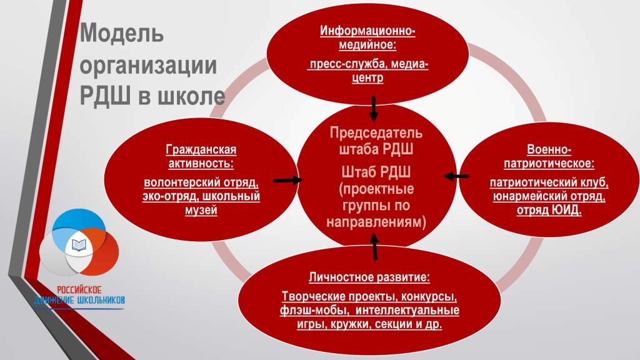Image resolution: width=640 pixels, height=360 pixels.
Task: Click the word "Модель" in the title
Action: click(122, 33)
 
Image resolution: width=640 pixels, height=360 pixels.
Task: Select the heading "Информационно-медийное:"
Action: click(367, 37)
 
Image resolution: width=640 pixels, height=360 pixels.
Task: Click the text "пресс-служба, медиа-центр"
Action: click(367, 71)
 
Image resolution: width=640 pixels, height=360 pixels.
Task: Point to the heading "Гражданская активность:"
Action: click(201, 156)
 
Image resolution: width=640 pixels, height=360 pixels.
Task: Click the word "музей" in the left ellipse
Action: click(201, 210)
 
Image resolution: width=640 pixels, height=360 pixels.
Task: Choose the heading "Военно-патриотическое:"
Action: click(549, 156)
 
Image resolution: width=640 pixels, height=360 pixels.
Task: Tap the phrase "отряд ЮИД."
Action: click(549, 210)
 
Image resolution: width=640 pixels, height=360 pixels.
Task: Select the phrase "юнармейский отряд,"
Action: click(549, 196)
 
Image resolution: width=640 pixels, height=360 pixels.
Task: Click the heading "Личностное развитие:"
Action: click(369, 277)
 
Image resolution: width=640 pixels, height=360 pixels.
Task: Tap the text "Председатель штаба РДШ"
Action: click(376, 141)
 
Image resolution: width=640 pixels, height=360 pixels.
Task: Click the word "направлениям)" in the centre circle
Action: click(376, 222)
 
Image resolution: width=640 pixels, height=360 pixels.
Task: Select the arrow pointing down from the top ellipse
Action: click(374, 109)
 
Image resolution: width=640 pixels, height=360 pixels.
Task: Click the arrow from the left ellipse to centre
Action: click(288, 180)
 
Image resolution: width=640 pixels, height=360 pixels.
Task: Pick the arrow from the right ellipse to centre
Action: click(456, 176)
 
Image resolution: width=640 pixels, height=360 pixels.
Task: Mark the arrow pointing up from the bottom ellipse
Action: click(374, 246)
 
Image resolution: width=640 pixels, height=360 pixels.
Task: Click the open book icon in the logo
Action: click(79, 245)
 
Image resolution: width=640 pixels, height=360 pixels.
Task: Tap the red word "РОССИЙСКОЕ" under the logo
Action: click(79, 290)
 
